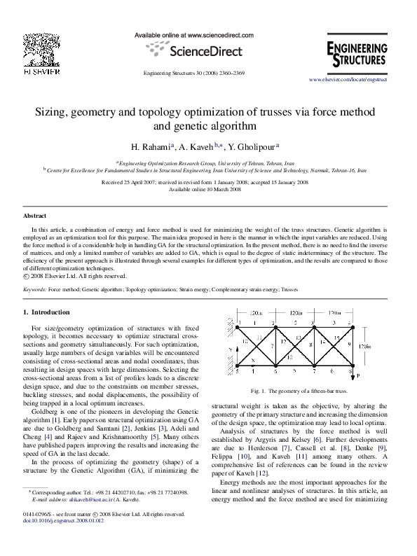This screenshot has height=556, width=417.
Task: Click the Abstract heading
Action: [x=35, y=217]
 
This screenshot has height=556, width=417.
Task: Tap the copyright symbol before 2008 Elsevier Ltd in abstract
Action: [x=26, y=274]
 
